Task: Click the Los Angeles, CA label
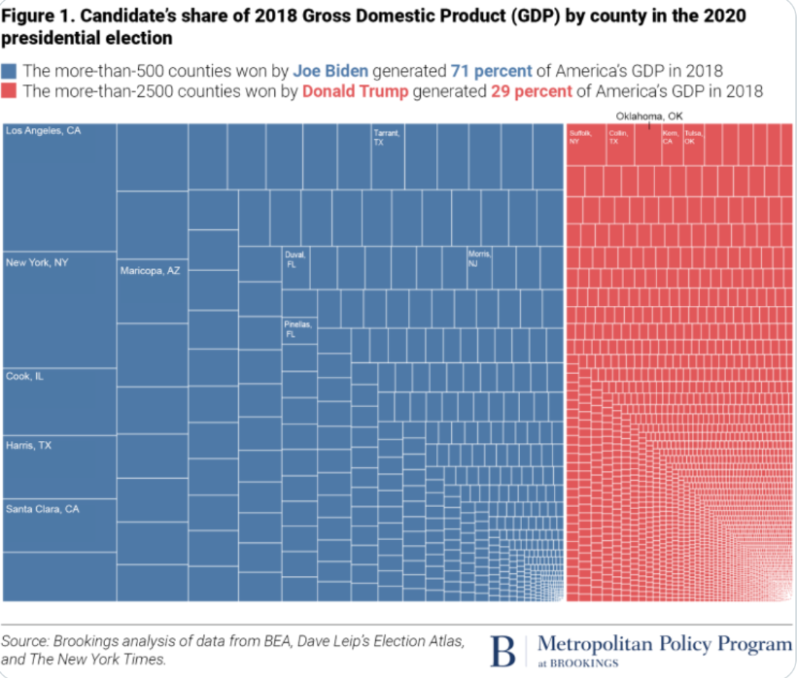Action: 43,130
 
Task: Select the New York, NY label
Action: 37,262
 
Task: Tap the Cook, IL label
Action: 24,376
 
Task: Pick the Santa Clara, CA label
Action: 42,508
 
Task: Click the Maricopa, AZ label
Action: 150,270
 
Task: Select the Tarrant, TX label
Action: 387,136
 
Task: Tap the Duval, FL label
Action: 295,258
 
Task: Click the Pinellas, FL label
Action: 297,328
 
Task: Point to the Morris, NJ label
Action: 479,258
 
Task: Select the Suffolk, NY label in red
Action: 579,137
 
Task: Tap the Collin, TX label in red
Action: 619,137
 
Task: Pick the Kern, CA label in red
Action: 670,137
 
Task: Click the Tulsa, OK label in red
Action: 694,137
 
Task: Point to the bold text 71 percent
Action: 490,71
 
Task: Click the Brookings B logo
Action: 502,651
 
